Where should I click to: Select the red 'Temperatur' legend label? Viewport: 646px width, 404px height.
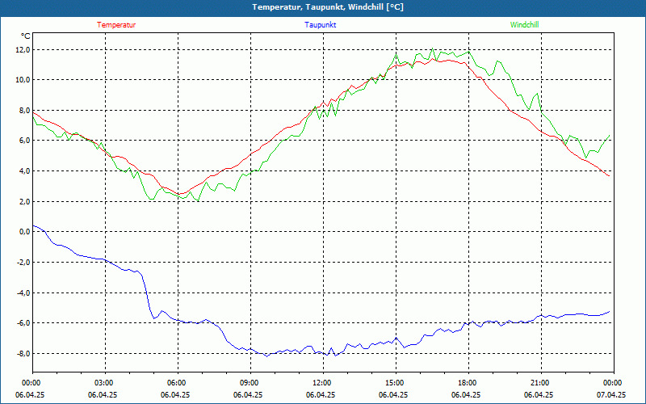pos(116,25)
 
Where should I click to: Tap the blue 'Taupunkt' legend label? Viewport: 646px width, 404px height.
pos(321,25)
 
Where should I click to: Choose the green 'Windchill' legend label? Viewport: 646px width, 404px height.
pos(524,25)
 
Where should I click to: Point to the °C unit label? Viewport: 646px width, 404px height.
pos(26,36)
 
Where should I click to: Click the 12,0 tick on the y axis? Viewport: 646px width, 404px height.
pos(22,49)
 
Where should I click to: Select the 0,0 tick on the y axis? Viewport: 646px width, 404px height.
pos(23,232)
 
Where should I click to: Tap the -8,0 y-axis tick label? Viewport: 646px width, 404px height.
pos(22,354)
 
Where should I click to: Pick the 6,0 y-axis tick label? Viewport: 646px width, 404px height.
pos(23,141)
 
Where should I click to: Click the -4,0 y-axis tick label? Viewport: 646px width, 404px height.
pos(22,292)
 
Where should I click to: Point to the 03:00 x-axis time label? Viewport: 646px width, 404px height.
pos(104,383)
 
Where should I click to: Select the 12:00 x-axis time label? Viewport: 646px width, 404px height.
pos(321,383)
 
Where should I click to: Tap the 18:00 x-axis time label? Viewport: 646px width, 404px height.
pos(467,383)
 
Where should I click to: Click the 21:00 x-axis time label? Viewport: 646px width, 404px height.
pos(539,383)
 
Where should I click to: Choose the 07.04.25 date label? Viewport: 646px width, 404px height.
pos(611,395)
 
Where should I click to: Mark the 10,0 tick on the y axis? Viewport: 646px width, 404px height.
pos(22,80)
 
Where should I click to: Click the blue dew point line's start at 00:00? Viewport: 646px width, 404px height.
pos(33,226)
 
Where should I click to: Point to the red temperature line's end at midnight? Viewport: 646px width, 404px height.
pos(610,175)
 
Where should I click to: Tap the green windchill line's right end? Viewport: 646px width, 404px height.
pos(610,135)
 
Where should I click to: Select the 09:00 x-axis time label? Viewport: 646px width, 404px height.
pos(249,383)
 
